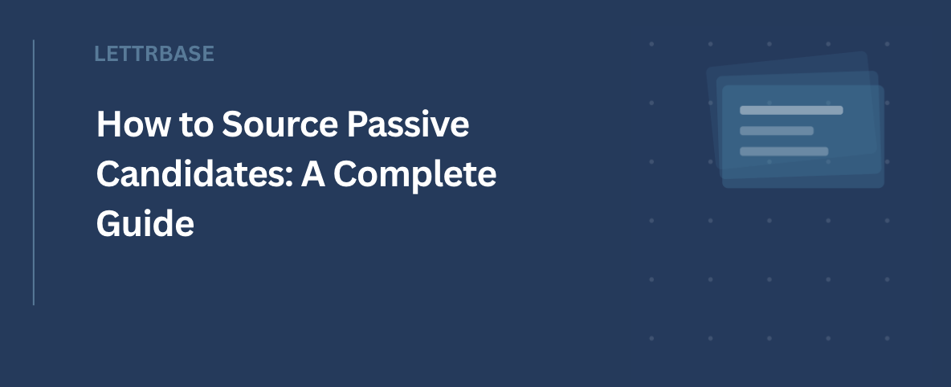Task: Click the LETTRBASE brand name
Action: click(x=154, y=54)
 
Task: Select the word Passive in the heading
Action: click(x=408, y=124)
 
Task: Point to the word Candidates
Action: click(x=194, y=174)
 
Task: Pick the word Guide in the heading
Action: click(x=145, y=223)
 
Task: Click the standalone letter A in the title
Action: click(x=313, y=174)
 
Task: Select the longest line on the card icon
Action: click(x=791, y=110)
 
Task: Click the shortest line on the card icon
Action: click(x=777, y=130)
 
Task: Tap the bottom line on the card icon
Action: click(x=784, y=151)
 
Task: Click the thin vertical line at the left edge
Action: click(x=34, y=173)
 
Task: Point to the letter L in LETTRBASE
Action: click(x=100, y=54)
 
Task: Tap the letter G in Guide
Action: click(x=109, y=223)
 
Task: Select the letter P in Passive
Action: click(x=358, y=124)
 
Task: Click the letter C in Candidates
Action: click(x=109, y=174)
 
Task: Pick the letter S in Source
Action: click(x=234, y=124)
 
